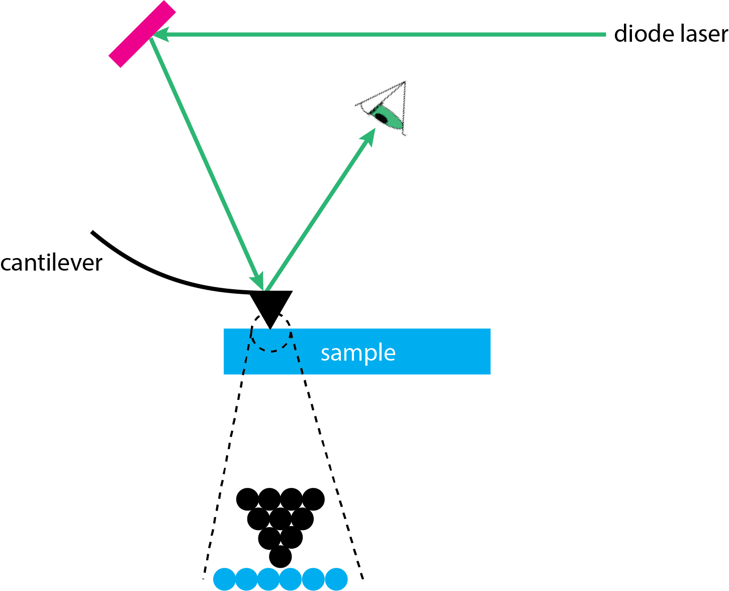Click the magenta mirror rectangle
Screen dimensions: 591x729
142,34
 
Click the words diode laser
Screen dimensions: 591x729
671,34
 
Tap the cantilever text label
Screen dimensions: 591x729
51,263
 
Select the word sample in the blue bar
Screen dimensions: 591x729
358,353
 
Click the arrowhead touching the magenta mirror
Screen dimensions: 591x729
160,35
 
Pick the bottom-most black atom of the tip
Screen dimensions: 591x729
280,557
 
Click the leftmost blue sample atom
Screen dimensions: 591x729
224,579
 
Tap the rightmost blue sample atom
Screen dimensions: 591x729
336,579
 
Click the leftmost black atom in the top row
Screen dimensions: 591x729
247,499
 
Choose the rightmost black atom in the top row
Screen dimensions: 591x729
314,499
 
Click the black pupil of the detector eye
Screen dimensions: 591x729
380,117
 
